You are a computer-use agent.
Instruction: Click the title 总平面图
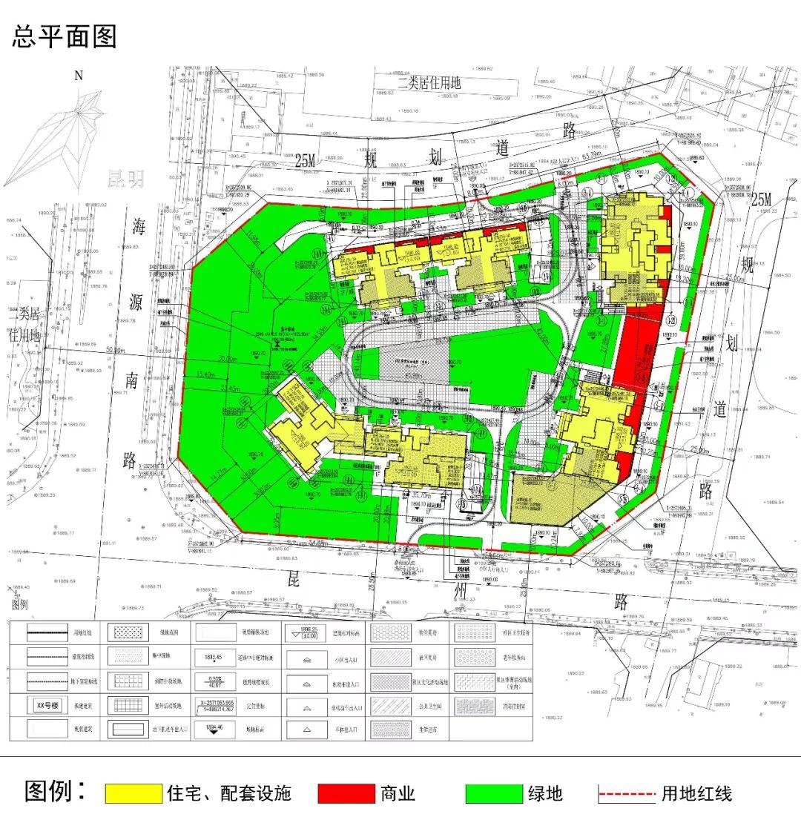65,36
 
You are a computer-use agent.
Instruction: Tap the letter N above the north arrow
79,75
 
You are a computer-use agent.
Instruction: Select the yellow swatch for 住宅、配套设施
133,793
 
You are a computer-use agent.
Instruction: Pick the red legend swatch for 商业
346,793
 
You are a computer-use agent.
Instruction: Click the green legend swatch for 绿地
494,793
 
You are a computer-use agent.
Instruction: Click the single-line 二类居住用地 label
429,82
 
